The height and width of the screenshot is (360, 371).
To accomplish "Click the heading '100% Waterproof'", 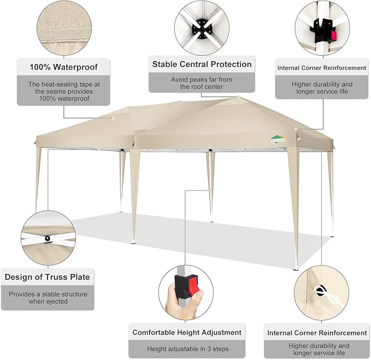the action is click(x=63, y=67).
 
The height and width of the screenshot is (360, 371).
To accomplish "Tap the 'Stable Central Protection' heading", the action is click(x=202, y=64).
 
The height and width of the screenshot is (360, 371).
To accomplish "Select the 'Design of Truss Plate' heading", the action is click(x=48, y=277).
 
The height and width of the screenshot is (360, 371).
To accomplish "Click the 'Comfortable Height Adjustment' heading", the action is click(x=187, y=332).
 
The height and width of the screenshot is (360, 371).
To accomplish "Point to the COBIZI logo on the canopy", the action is click(x=279, y=139).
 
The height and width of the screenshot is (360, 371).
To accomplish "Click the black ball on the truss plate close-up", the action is click(x=48, y=239).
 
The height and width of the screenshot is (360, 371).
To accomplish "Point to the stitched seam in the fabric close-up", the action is click(x=64, y=28).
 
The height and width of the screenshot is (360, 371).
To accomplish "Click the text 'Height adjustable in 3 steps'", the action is click(x=188, y=349).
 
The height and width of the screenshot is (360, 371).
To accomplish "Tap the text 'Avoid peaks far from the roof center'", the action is click(x=202, y=83).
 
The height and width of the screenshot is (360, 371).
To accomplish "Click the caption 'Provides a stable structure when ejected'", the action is click(x=48, y=298).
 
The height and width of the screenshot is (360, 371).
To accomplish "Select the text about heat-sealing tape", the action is click(x=64, y=91).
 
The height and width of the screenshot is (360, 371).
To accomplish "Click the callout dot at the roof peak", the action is click(x=238, y=97).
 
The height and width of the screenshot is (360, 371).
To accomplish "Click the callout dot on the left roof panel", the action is click(x=114, y=118).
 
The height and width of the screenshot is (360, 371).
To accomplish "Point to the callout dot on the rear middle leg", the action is click(x=210, y=190).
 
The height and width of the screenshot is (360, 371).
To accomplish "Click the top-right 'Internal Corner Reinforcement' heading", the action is click(x=322, y=68).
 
